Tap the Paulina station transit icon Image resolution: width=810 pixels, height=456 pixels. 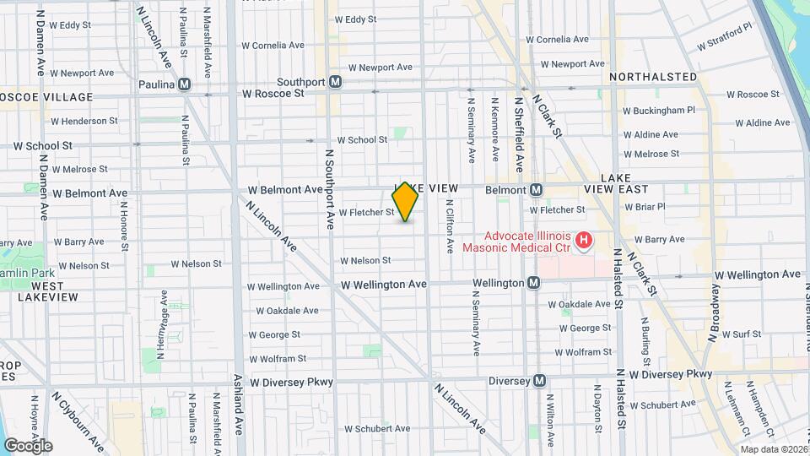184,84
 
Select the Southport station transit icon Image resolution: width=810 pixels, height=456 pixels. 336,82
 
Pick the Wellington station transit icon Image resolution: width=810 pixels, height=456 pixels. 533,283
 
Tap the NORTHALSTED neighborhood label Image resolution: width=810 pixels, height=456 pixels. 652,77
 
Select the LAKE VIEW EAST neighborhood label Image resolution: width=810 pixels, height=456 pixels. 625,183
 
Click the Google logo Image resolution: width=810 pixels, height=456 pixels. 28,446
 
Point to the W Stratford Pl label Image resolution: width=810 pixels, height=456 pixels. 723,38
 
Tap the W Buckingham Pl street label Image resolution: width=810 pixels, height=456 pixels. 658,110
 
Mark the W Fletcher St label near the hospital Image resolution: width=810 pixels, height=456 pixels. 557,209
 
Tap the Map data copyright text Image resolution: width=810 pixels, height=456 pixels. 770,448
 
